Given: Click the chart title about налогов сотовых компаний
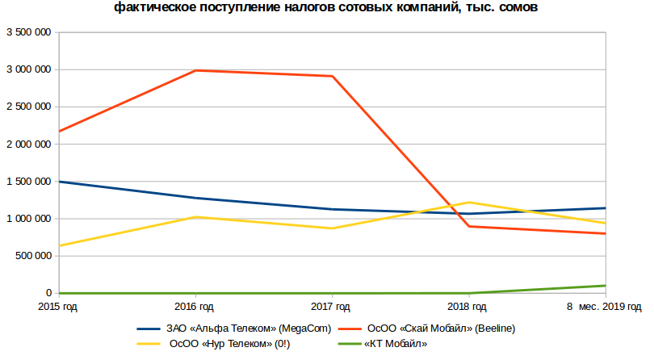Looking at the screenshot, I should (325, 8).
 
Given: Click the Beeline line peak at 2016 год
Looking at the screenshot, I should (196, 70).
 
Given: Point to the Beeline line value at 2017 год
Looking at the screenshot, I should (333, 76).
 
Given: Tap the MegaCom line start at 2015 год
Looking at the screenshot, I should (61, 182).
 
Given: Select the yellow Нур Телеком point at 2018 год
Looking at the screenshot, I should (469, 203).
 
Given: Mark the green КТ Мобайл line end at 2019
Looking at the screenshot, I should (605, 286).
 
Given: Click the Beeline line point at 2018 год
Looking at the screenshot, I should (469, 226).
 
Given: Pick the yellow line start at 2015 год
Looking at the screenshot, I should (61, 245).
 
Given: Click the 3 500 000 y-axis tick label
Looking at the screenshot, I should (29, 33).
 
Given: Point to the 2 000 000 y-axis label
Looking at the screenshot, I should (29, 144).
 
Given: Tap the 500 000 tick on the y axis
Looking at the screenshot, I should (33, 256).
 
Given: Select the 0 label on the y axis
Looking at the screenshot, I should (48, 293).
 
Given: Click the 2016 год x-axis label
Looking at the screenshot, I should (195, 307).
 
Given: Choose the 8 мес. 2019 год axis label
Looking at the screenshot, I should (604, 307).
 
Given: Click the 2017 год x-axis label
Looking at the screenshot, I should (331, 307).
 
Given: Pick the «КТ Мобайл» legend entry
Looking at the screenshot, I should (396, 344).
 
